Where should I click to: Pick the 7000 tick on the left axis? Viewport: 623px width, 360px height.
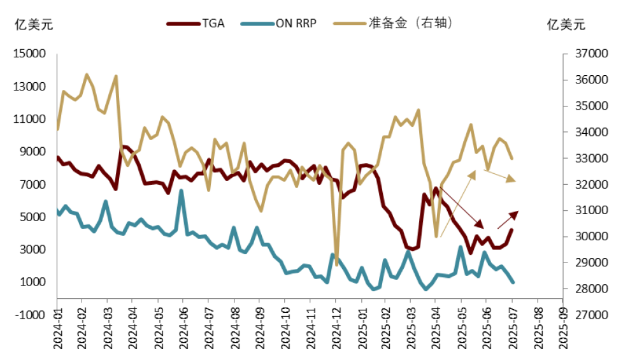tap(33, 185)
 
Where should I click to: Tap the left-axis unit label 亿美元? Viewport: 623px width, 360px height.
tap(34, 25)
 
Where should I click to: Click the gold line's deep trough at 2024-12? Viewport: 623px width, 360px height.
tap(336, 256)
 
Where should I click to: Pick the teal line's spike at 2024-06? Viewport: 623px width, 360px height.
tap(182, 191)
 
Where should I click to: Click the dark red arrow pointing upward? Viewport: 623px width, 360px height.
tap(507, 220)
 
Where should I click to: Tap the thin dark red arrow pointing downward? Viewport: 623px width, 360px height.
tap(462, 207)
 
